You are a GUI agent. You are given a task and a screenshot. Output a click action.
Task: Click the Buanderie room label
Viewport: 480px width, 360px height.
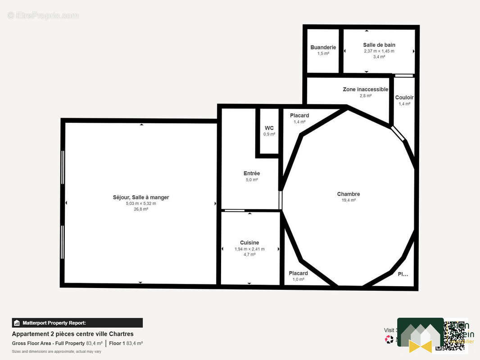click(323, 47)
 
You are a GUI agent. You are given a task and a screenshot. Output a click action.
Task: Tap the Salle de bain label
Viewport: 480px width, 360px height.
click(379, 45)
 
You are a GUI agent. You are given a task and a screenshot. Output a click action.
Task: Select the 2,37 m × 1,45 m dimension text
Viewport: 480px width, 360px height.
click(379, 51)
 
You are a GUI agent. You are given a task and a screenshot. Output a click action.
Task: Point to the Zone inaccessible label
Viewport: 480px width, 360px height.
click(365, 90)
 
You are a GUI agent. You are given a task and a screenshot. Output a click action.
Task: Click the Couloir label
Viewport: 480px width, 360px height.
click(404, 98)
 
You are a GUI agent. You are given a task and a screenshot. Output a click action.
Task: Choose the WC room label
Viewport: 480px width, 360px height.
click(269, 128)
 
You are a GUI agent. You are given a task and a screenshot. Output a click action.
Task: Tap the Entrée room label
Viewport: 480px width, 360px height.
click(251, 174)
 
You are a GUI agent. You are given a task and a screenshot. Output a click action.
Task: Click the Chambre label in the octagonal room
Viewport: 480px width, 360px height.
click(348, 194)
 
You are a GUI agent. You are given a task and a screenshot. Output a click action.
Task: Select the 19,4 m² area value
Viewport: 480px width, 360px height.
click(348, 200)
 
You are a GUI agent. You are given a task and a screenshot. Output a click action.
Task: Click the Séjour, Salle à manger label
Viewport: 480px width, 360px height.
click(141, 198)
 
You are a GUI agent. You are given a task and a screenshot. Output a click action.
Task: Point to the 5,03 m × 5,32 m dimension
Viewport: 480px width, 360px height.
click(141, 203)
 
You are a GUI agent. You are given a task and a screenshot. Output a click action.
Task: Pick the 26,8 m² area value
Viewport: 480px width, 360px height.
click(141, 209)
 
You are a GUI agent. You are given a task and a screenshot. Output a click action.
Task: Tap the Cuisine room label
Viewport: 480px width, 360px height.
click(249, 243)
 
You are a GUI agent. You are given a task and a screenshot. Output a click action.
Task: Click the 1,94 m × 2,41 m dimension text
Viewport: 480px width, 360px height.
click(249, 249)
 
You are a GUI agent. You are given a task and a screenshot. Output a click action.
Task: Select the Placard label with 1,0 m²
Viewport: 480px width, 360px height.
click(298, 274)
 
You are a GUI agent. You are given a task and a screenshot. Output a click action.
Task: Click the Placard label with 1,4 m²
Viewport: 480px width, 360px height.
click(299, 116)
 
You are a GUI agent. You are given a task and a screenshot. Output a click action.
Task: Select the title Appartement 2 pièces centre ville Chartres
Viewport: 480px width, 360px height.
click(72, 334)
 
